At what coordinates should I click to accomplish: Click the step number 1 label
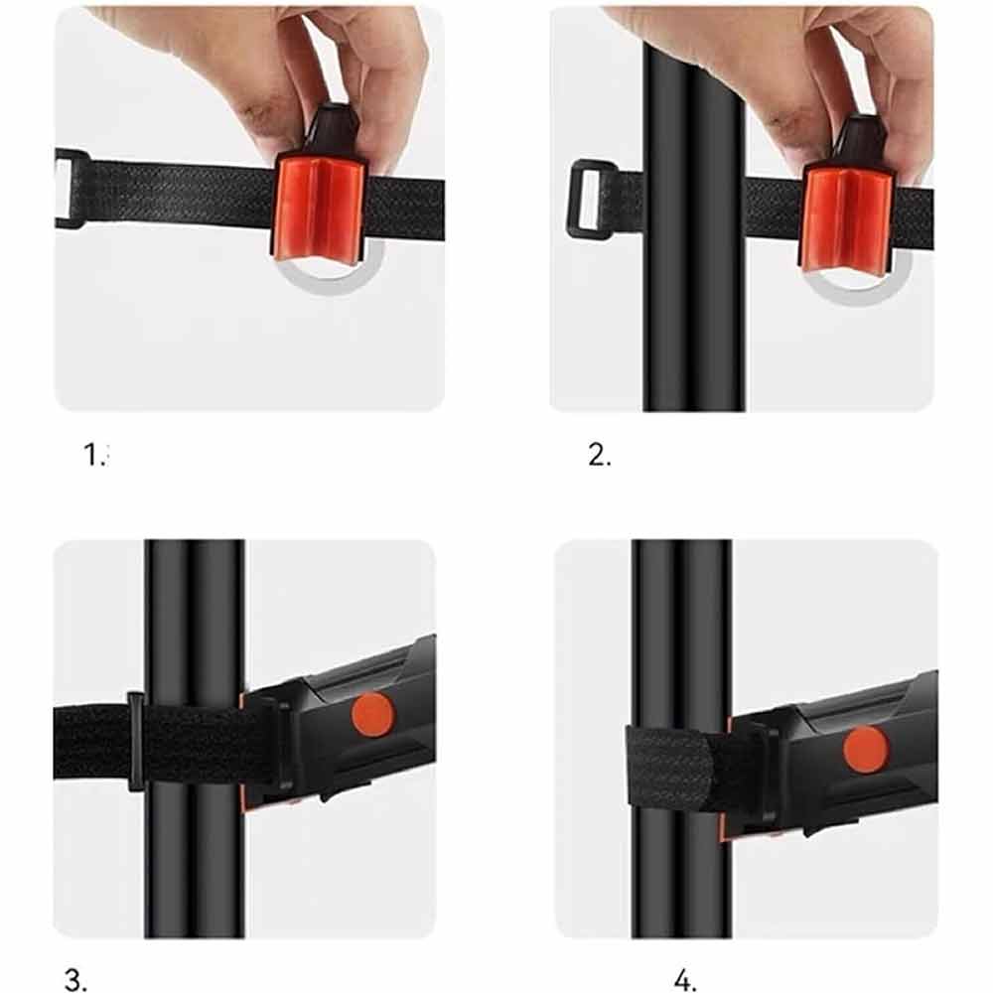[x=96, y=455]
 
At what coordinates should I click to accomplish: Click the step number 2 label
[x=599, y=455]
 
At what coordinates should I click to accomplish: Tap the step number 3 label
[x=75, y=980]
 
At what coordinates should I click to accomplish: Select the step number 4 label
[x=684, y=980]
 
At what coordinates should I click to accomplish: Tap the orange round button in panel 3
[x=372, y=714]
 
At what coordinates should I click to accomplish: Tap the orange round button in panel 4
[x=866, y=749]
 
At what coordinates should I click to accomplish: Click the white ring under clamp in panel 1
[x=330, y=280]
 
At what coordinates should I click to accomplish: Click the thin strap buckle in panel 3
[x=135, y=742]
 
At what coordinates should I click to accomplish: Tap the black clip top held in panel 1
[x=334, y=130]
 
